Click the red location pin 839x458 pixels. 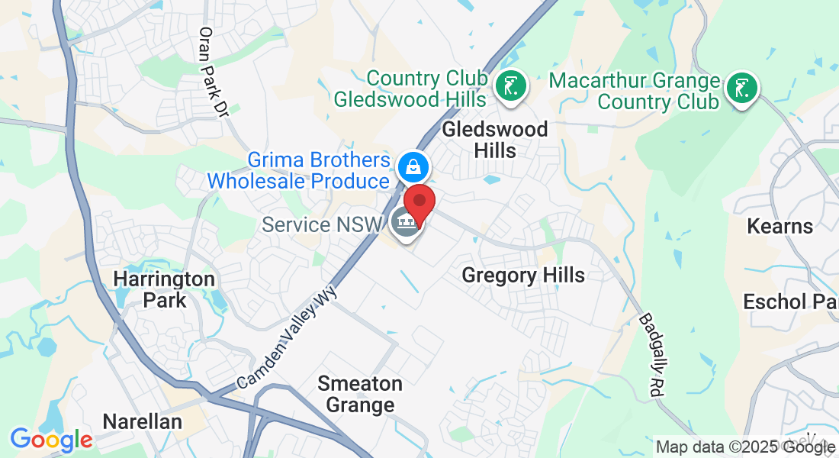pos(419,204)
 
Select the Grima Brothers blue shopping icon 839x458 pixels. pos(413,166)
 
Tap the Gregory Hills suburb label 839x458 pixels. pos(523,275)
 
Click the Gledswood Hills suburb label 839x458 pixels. pos(494,139)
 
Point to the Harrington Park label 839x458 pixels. pos(163,289)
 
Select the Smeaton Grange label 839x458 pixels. pos(360,393)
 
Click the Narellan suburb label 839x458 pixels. pos(142,421)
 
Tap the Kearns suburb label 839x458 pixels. pos(780,226)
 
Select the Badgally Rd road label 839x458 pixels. pos(654,354)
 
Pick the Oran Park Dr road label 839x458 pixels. pos(213,73)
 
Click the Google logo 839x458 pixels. pos(51,440)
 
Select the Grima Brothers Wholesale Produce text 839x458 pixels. pos(299,171)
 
